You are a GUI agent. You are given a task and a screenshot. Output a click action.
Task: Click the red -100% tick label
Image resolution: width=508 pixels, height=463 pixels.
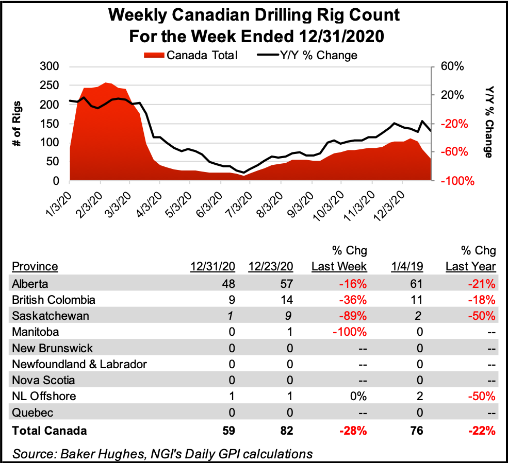coord(452,181)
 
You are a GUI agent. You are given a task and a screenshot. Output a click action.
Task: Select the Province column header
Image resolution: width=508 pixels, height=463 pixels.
coord(35,266)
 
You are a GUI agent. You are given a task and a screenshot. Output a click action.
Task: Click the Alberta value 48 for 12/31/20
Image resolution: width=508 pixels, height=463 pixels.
coord(228,283)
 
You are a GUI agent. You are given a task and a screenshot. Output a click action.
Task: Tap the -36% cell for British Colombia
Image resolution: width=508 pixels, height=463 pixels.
coord(354,300)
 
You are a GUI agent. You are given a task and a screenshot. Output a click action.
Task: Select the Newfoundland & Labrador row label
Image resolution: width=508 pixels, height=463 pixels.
coord(79,364)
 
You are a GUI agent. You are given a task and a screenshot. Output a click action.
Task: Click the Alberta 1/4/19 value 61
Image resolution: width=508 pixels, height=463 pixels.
coord(416,283)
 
